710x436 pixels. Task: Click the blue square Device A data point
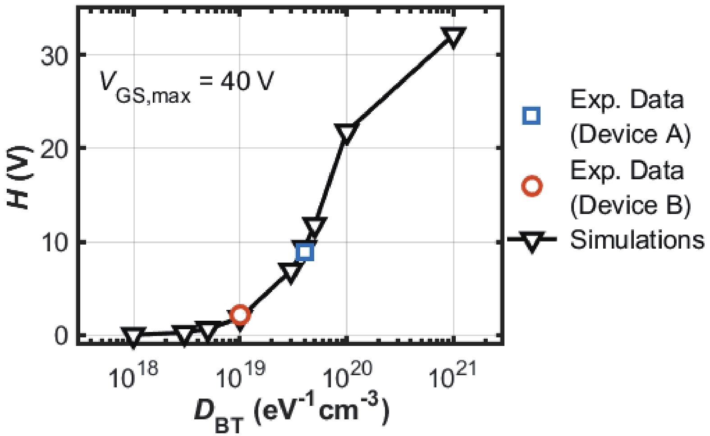tap(305, 252)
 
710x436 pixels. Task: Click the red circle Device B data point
tap(240, 315)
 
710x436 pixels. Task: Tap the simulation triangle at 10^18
tap(134, 336)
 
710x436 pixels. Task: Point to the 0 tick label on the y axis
tap(61, 336)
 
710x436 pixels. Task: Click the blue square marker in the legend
tap(532, 116)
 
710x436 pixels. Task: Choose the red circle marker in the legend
tap(532, 186)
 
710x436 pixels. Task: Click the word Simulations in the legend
tap(637, 240)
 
